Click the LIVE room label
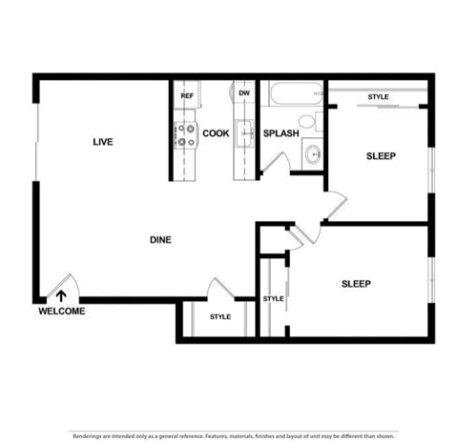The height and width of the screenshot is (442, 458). tap(103, 142)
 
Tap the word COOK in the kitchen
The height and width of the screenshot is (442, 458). tap(216, 133)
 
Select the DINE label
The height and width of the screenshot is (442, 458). tap(160, 240)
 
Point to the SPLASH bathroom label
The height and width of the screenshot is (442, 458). tap(281, 133)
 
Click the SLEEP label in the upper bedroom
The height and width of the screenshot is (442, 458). tap(381, 155)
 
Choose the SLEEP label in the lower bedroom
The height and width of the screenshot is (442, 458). tap(356, 283)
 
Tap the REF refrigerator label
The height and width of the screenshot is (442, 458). tap(187, 95)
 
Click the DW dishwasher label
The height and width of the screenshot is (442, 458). tap(244, 93)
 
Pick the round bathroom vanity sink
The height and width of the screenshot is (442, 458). tap(312, 155)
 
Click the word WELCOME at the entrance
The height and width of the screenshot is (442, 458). tap(62, 311)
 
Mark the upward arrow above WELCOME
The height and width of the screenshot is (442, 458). tap(62, 296)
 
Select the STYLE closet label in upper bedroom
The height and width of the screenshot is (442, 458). tap(379, 97)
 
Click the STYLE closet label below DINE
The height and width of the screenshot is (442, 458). tap(220, 316)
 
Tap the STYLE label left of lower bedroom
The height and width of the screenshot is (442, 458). tap(274, 299)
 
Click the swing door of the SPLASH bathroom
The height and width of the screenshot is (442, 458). tap(272, 162)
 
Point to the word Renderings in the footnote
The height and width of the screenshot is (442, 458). tap(92, 435)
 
